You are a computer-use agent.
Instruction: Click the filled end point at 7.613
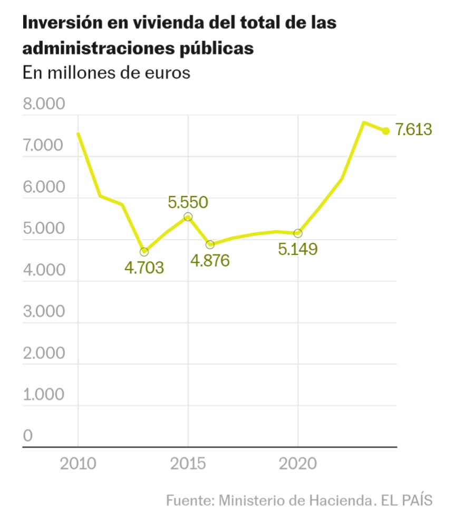coord(386,131)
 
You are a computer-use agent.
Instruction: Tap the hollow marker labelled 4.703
coord(144,251)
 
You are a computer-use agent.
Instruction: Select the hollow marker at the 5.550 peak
coord(188,217)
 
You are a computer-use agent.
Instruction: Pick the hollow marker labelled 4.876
coord(210,244)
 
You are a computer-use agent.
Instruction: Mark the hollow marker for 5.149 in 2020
coord(298,233)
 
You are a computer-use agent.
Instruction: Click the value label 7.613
coord(414,129)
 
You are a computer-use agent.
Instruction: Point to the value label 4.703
coord(144,268)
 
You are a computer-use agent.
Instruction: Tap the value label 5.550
coord(188,202)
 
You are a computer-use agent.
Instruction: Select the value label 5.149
coord(298,249)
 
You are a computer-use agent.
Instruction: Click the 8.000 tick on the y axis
coord(44,104)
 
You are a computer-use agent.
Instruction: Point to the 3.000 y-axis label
coord(44,311)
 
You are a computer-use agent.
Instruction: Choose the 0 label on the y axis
coord(28,436)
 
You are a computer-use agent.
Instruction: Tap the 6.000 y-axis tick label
coord(44,187)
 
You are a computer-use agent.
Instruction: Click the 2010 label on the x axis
coord(78,464)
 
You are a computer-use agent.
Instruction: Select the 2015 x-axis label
coord(188,464)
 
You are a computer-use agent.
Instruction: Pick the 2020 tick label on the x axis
coord(298,464)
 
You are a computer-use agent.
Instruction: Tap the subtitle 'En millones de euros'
coord(106,72)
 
